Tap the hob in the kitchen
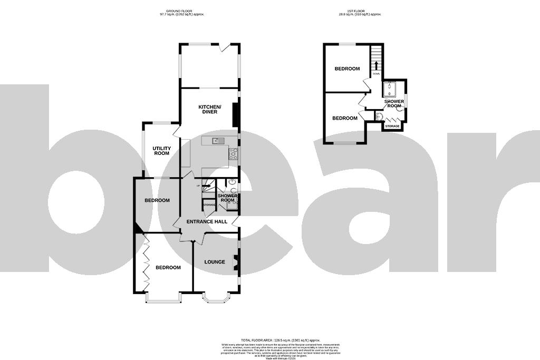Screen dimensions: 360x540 pyautogui.click(x=233, y=153)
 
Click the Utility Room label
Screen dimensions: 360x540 pyautogui.click(x=161, y=151)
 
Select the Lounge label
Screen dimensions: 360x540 pyautogui.click(x=215, y=262)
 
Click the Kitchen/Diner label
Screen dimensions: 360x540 pyautogui.click(x=210, y=110)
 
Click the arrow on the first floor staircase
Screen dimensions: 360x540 pyautogui.click(x=377, y=65)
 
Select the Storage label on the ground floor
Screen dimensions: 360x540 pyautogui.click(x=209, y=205)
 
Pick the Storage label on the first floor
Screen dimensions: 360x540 pyautogui.click(x=392, y=127)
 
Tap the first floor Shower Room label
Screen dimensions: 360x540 pyautogui.click(x=394, y=104)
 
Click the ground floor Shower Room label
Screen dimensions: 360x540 pyautogui.click(x=228, y=198)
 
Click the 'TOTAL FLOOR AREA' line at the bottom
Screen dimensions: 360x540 pyautogui.click(x=270, y=340)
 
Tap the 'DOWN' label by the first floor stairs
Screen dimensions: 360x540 pyautogui.click(x=376, y=74)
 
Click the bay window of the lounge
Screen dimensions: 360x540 pyautogui.click(x=216, y=299)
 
